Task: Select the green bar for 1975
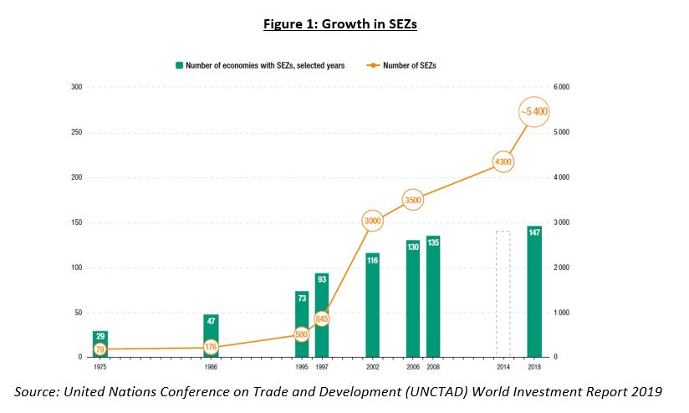pyautogui.click(x=100, y=344)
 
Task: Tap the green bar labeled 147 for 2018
pyautogui.click(x=533, y=292)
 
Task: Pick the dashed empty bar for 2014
pyautogui.click(x=503, y=293)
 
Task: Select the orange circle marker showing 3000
pyautogui.click(x=372, y=221)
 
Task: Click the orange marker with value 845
pyautogui.click(x=321, y=319)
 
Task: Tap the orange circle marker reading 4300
pyautogui.click(x=503, y=162)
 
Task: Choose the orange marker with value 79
pyautogui.click(x=100, y=349)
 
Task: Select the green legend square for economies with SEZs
pyautogui.click(x=179, y=64)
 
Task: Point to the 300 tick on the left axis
pyautogui.click(x=76, y=87)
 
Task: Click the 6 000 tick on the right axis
pyautogui.click(x=563, y=87)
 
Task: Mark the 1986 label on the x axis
pyautogui.click(x=211, y=366)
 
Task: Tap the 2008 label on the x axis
pyautogui.click(x=432, y=366)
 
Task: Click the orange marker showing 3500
pyautogui.click(x=413, y=200)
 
